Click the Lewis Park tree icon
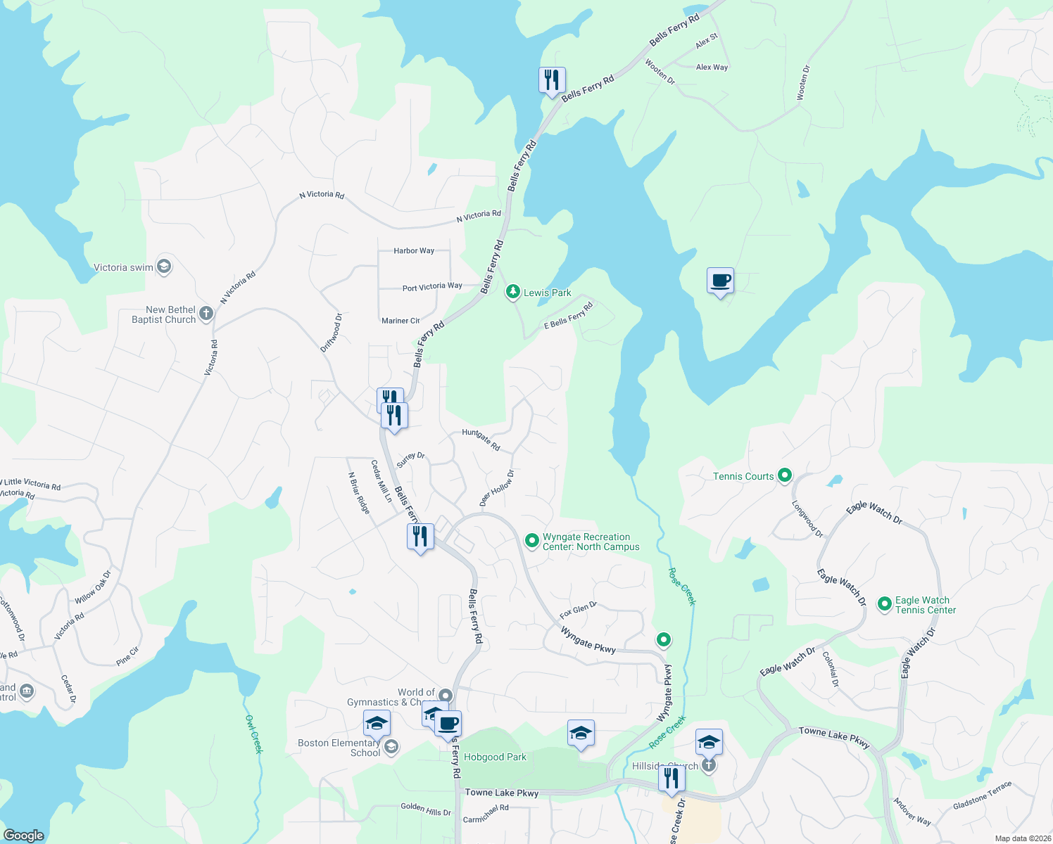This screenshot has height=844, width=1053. tap(513, 292)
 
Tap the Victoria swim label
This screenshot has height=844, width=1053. tap(123, 267)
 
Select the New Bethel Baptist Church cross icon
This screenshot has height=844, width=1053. tap(206, 314)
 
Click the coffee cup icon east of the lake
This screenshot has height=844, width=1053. tap(720, 281)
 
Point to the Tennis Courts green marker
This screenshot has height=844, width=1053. tap(785, 475)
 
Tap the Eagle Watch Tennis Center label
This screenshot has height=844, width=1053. tap(925, 605)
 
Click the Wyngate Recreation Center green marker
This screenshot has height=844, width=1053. tap(532, 541)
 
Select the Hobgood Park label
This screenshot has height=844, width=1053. tap(495, 757)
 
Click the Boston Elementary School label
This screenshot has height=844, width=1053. tap(339, 748)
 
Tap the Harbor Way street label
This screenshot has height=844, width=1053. tap(414, 250)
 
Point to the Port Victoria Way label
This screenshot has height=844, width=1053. tap(432, 287)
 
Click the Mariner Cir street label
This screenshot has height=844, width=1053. tap(401, 321)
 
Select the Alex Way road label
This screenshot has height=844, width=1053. tap(712, 68)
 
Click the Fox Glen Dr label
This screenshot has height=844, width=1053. tap(578, 610)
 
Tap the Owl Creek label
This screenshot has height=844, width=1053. tap(253, 734)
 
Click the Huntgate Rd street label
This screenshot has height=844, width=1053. tap(481, 440)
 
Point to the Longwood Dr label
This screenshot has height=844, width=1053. tap(807, 519)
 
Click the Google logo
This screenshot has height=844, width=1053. tap(23, 836)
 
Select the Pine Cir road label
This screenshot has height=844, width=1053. tap(127, 656)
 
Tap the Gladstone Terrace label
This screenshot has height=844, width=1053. tap(982, 795)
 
